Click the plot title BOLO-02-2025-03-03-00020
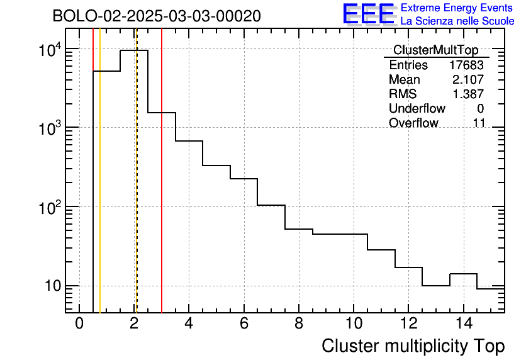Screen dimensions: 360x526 pos(157,16)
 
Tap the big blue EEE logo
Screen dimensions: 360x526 pos(369,14)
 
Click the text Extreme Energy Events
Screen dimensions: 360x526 pos(457,8)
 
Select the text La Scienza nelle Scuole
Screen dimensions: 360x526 pos(457,21)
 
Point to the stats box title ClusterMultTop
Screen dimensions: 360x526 pos(435,50)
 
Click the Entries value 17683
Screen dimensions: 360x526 pos(466,65)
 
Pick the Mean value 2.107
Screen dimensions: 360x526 pos(470,80)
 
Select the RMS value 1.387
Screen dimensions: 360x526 pos(470,94)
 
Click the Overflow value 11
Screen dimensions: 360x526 pos(479,123)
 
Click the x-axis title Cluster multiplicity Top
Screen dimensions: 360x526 pos(413,346)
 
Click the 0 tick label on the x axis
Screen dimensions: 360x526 pos(79,324)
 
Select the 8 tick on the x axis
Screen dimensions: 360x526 pos(298,324)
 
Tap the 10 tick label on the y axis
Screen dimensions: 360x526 pos(52,286)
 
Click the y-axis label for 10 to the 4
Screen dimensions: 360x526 pos(49,49)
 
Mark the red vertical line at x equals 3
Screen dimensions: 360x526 pos(162,189)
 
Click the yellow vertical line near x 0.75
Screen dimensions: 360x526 pos(100,189)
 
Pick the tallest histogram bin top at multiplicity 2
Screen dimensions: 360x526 pos(134,50)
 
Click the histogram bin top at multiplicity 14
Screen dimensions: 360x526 pos(463,274)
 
